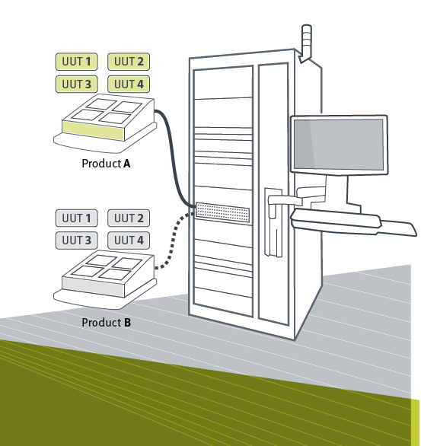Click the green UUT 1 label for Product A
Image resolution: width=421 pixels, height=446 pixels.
pyautogui.click(x=77, y=62)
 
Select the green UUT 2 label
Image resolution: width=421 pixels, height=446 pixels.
pyautogui.click(x=129, y=62)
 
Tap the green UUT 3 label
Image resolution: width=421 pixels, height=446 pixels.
pyautogui.click(x=77, y=84)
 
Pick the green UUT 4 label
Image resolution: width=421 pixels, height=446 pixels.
pyautogui.click(x=129, y=84)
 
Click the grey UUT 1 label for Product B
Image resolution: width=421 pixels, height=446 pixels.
pyautogui.click(x=77, y=218)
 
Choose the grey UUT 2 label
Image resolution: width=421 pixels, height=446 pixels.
pyautogui.click(x=129, y=218)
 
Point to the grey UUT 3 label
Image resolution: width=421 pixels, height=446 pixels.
pyautogui.click(x=77, y=241)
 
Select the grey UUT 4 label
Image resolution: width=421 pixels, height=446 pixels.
pyautogui.click(x=129, y=241)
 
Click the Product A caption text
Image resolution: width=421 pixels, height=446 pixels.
pyautogui.click(x=106, y=164)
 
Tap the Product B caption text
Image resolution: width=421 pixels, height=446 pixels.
pyautogui.click(x=107, y=323)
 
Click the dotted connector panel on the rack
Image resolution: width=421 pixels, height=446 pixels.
pyautogui.click(x=223, y=212)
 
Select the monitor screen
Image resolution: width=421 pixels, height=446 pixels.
pyautogui.click(x=339, y=145)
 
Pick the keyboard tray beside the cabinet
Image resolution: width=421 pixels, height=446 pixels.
pyautogui.click(x=352, y=222)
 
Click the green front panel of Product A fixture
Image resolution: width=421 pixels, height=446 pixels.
pyautogui.click(x=94, y=130)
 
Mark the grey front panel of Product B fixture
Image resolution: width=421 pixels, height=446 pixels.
pyautogui.click(x=94, y=287)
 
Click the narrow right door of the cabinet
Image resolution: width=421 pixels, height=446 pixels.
pyautogui.click(x=273, y=193)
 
